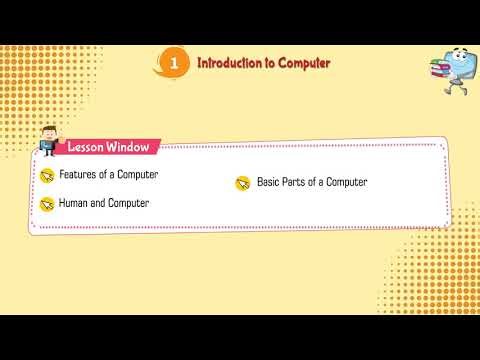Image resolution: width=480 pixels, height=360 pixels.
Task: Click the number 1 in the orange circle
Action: point(176,63)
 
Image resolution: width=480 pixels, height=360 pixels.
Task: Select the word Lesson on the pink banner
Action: point(87,147)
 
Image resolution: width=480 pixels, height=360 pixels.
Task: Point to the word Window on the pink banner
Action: point(129,147)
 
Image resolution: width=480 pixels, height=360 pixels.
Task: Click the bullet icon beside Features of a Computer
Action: point(46,176)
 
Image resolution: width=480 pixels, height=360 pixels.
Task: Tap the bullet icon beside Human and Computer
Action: point(46,204)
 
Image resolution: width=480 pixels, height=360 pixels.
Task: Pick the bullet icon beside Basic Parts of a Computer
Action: point(242,183)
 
